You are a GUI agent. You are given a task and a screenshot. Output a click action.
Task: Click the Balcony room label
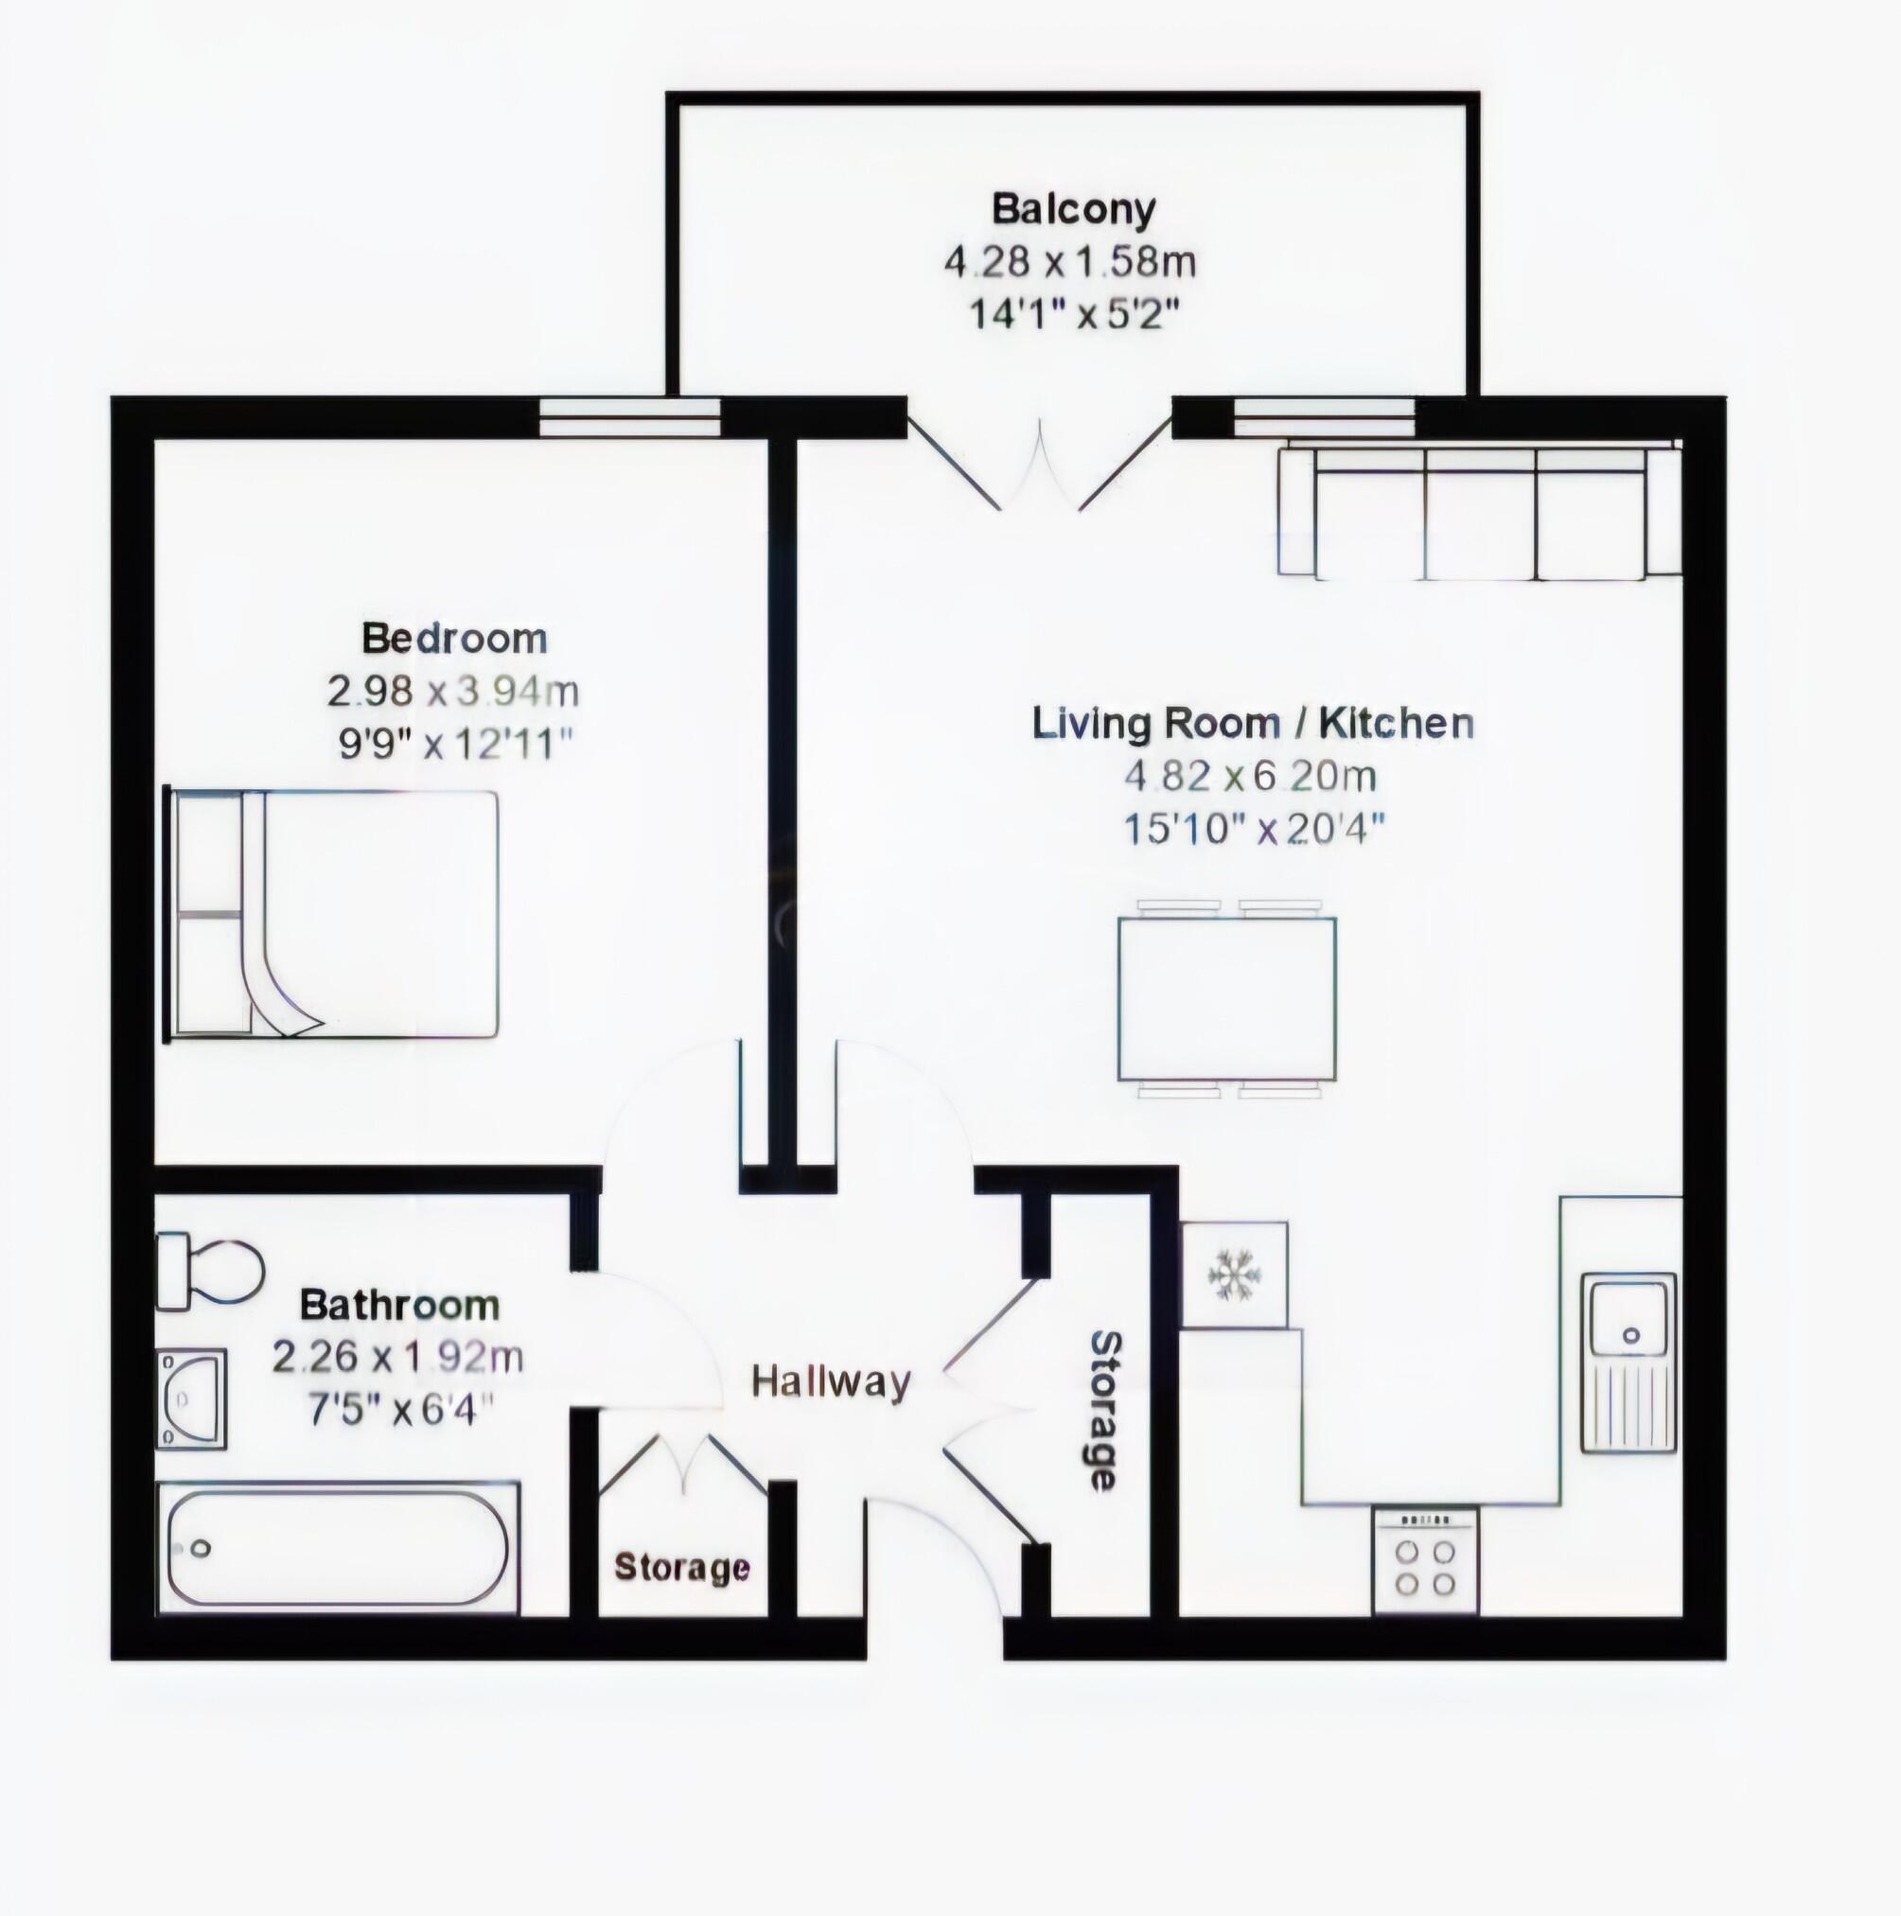pos(1073,209)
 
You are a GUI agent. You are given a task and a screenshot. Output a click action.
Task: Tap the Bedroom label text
pos(454,638)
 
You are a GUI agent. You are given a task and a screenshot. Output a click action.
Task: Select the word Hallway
pos(830,1381)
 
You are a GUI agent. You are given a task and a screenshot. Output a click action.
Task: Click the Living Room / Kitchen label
pos(1253,723)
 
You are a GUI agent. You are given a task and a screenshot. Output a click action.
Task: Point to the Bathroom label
pos(399,1305)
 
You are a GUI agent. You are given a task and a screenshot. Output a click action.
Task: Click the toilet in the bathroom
pos(210,1271)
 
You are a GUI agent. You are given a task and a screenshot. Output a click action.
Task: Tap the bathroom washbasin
pos(192,1398)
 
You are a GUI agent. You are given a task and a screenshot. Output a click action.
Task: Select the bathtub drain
pos(202,1547)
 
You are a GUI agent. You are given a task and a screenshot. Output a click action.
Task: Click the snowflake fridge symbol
pos(1234,1274)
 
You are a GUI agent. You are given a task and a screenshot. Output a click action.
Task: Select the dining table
pos(1226,997)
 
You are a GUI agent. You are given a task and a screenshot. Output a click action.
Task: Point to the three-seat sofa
pos(1480,513)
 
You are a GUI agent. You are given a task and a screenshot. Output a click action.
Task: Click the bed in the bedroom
pos(332,913)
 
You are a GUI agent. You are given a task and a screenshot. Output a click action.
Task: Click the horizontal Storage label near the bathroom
pos(682,1567)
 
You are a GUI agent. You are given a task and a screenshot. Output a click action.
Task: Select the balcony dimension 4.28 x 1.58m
pos(1069,263)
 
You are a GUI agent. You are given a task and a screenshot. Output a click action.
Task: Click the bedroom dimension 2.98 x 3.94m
pos(453,692)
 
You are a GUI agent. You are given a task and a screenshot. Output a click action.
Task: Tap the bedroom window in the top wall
pos(629,416)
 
